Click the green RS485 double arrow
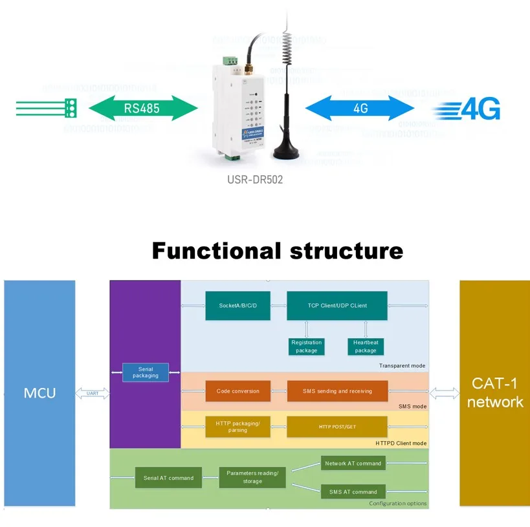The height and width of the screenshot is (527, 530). (142, 108)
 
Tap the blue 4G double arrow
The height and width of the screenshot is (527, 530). (360, 108)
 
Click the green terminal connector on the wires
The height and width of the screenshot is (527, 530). (71, 107)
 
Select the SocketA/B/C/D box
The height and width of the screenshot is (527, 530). (237, 305)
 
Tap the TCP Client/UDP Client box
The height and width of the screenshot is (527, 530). (337, 305)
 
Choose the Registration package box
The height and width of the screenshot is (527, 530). (306, 346)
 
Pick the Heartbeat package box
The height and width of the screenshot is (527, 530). (366, 346)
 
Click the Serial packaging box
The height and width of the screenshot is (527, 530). (146, 372)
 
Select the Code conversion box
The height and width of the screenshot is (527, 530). (237, 391)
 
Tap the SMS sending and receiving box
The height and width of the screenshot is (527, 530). (337, 391)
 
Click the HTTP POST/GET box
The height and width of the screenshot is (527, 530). (337, 427)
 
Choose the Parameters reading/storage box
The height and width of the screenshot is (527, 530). (252, 477)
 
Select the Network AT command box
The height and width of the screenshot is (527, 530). (353, 463)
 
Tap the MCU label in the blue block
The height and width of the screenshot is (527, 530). (39, 393)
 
